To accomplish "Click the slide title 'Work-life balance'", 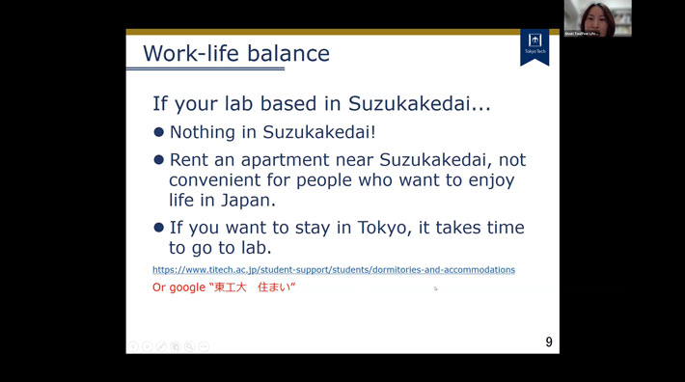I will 235,53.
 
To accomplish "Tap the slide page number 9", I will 549,341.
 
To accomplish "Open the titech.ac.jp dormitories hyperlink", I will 333,270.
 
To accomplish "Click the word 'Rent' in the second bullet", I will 190,160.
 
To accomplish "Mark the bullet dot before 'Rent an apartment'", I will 159,160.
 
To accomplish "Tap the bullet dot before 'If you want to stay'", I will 159,228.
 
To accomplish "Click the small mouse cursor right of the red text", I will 435,288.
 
